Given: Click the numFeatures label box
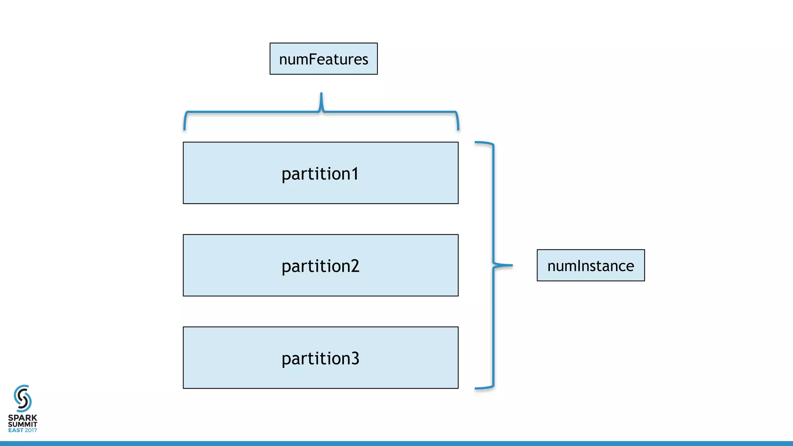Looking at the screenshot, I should coord(323,59).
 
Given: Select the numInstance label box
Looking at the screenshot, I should coord(590,266).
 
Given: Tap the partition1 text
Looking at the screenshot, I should coord(320,174).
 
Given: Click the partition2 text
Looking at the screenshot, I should coord(320,266).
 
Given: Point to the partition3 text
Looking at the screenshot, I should coord(320,359).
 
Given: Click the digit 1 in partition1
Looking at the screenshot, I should coord(354,173).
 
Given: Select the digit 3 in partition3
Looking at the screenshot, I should coord(354,358).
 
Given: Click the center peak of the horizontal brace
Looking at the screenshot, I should coord(321,95).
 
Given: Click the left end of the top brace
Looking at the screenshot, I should coord(185,129).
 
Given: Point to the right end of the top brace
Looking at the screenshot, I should coord(458,129).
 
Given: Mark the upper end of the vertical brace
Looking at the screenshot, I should coord(477,142).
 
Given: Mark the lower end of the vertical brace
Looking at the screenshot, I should coord(477,388).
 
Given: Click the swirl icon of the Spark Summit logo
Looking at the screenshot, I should coord(22,398).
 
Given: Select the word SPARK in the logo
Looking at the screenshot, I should coord(22,418).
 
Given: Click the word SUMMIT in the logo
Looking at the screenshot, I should coord(22,424).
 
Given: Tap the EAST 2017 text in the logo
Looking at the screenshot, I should coord(22,430).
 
